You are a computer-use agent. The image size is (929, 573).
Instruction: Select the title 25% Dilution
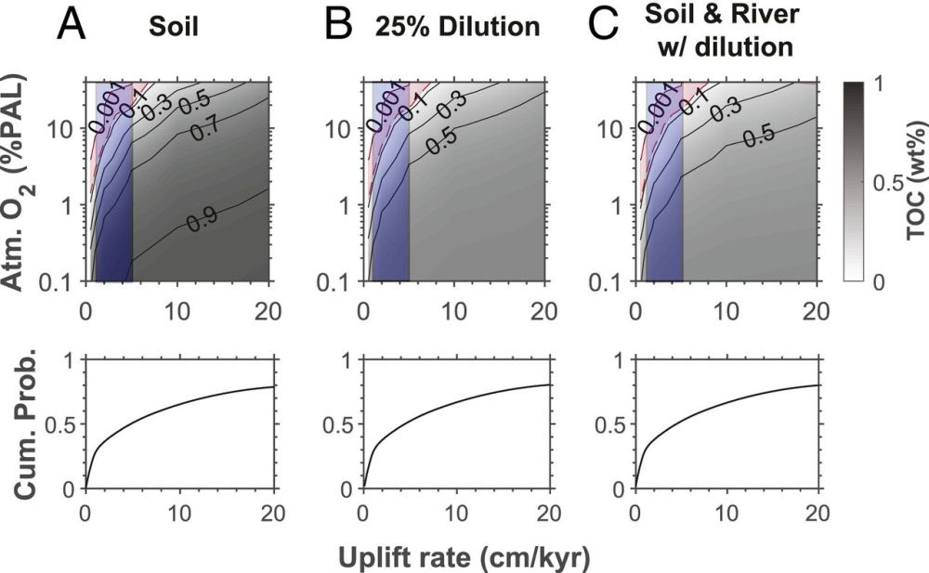(x=457, y=27)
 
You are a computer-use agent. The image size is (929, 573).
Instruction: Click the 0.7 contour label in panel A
(x=205, y=131)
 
